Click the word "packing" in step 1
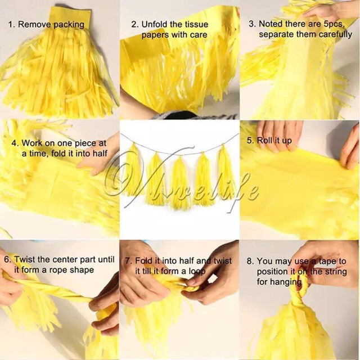tap(69, 25)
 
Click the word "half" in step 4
tap(100, 153)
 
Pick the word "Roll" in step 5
tap(265, 140)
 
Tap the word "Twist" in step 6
tap(24, 259)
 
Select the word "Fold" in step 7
tap(144, 261)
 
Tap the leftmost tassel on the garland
tap(133, 169)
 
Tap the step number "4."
tap(15, 143)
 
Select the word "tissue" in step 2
tap(197, 24)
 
